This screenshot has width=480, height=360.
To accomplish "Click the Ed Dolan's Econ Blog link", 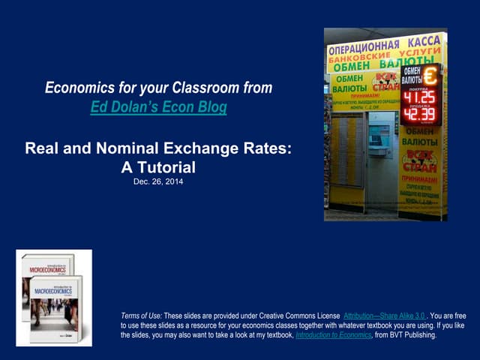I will [158, 106].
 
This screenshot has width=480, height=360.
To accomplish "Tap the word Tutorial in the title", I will [165, 166].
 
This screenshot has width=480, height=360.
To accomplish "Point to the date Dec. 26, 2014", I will [158, 181].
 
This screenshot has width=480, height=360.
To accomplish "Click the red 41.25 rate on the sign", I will [418, 97].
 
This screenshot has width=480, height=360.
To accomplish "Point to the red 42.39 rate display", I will [418, 115].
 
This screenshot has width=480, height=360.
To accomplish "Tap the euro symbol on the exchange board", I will [430, 75].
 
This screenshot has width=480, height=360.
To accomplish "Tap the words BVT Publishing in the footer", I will [415, 335].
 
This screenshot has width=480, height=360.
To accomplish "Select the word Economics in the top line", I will [82, 88].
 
